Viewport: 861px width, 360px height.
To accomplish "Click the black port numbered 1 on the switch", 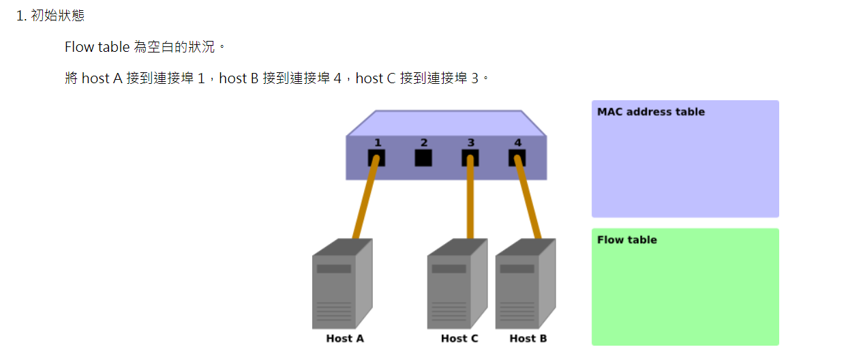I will coord(376,158).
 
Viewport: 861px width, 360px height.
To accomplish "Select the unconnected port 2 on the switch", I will coord(423,158).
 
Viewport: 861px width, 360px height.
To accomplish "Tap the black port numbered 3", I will coord(470,158).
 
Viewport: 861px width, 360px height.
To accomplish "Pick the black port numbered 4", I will coord(517,158).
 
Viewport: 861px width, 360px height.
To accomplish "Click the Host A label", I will coord(344,338).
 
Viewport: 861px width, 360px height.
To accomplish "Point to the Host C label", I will coord(459,338).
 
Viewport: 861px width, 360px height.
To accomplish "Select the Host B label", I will coord(528,338).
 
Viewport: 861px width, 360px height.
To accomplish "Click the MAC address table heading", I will coord(650,112).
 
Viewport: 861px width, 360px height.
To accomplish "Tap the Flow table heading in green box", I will coord(626,240).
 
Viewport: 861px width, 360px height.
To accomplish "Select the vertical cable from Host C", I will coord(470,201).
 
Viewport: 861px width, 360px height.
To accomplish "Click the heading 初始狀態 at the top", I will coord(58,15).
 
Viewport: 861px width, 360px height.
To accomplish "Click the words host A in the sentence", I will coord(102,78).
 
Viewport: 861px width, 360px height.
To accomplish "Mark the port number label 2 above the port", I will coord(423,142).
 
